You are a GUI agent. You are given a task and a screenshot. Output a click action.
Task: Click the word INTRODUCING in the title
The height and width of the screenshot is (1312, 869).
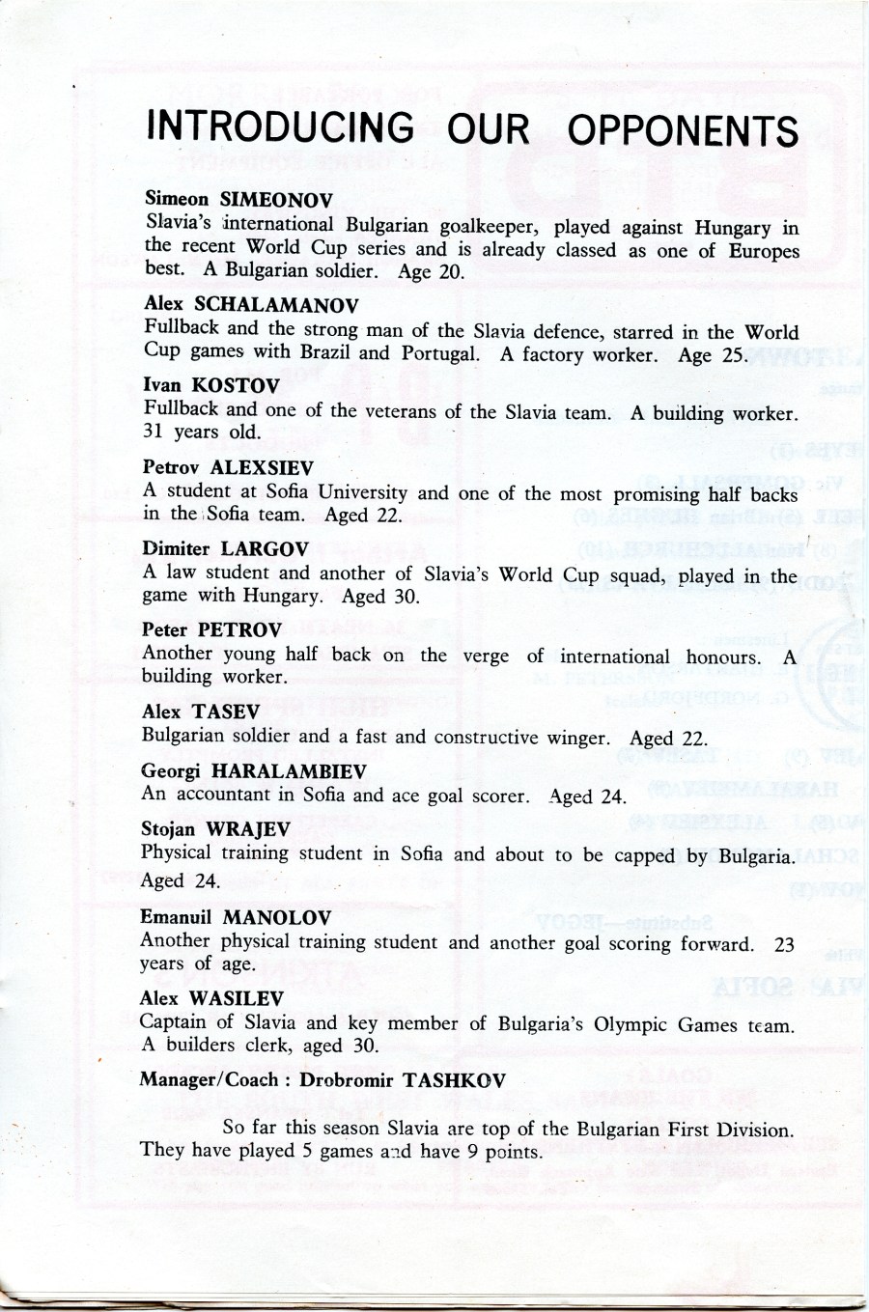tap(280, 126)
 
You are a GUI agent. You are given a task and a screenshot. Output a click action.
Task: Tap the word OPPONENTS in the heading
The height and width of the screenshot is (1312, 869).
tap(683, 130)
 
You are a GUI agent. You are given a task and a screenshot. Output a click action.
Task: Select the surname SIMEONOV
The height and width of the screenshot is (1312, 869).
tap(276, 200)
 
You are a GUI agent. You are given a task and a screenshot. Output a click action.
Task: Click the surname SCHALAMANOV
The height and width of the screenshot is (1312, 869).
tap(276, 305)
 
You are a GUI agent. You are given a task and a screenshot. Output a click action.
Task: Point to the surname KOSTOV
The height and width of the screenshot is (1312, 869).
tap(236, 385)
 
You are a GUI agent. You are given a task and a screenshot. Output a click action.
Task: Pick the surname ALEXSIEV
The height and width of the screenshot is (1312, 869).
tap(262, 467)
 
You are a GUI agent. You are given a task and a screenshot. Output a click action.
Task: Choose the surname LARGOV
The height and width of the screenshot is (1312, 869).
tap(265, 548)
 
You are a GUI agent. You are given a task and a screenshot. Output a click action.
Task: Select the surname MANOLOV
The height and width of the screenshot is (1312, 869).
tap(276, 917)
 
